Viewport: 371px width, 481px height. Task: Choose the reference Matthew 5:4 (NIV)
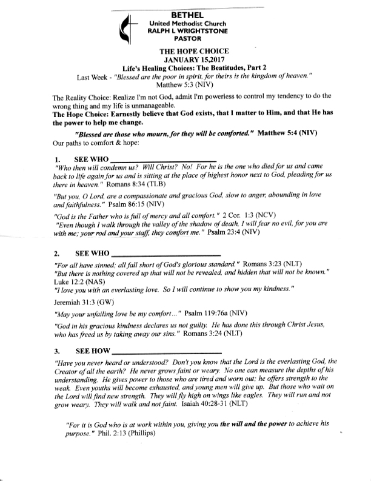point(295,133)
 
